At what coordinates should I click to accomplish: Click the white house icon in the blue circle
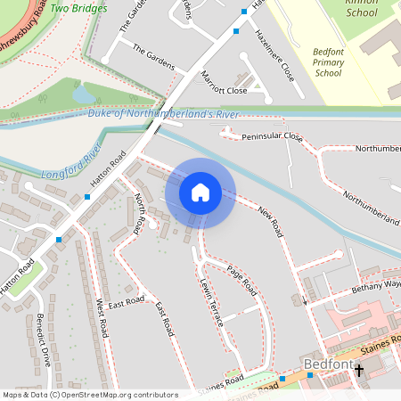click(200, 192)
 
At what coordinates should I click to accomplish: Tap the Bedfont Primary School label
click(329, 62)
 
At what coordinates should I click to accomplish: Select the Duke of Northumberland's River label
click(165, 114)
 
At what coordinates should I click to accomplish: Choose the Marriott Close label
click(225, 84)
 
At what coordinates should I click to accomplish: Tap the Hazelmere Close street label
click(274, 54)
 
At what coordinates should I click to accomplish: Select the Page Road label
click(241, 282)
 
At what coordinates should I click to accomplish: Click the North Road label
click(139, 213)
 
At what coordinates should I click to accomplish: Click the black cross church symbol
click(360, 370)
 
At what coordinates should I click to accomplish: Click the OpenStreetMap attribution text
click(89, 394)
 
